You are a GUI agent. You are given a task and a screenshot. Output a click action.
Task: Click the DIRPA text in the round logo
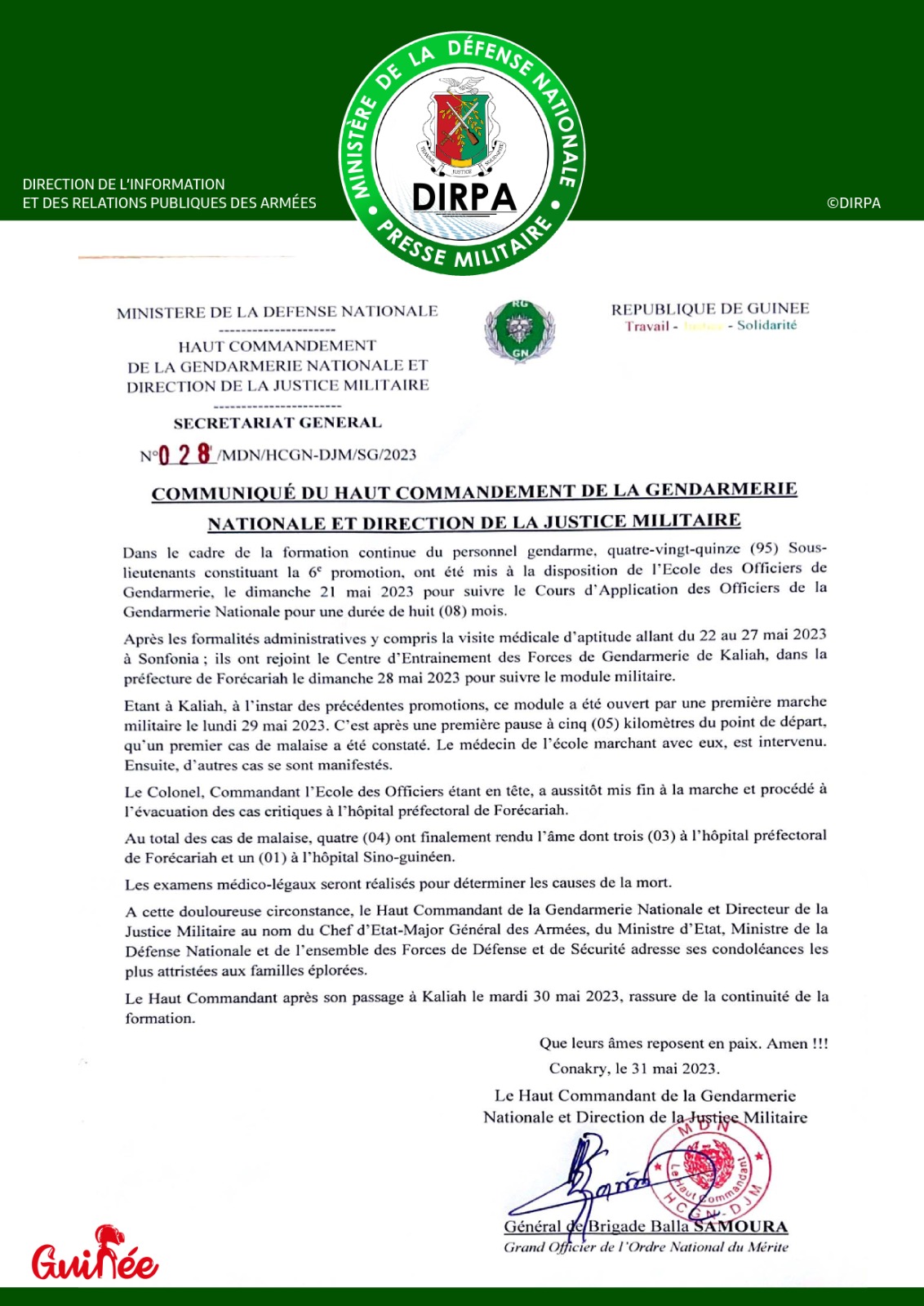click(x=464, y=198)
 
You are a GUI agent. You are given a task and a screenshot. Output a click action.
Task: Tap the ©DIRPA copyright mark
click(x=853, y=203)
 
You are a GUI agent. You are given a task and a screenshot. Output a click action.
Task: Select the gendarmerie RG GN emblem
click(x=520, y=331)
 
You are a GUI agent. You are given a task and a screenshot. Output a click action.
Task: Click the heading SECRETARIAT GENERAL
click(x=278, y=423)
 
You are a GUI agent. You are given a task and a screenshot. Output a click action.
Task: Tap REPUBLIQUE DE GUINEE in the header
click(x=710, y=309)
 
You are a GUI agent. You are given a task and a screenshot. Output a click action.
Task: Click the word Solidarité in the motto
click(x=766, y=325)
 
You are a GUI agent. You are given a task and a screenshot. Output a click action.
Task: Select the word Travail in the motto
click(x=647, y=326)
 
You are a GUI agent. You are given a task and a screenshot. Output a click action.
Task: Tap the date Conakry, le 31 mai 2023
click(x=634, y=1068)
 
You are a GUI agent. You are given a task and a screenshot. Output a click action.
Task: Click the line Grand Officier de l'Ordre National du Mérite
click(x=646, y=1247)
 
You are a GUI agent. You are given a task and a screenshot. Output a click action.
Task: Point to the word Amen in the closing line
click(x=787, y=1043)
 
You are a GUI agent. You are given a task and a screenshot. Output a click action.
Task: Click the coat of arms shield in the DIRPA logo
click(x=462, y=127)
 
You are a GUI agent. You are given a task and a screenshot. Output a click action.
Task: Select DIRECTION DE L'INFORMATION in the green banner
click(x=124, y=184)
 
